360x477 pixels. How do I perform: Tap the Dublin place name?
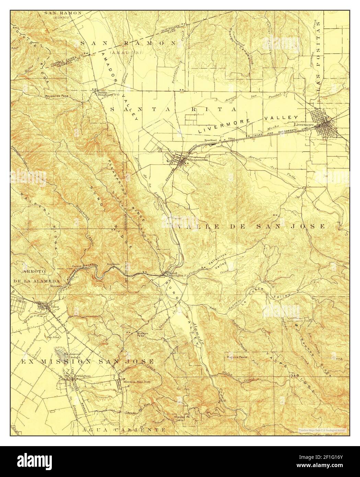tap(103, 93)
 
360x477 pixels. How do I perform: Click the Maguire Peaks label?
tap(236, 357)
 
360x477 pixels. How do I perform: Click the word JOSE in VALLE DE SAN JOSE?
tap(312, 226)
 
